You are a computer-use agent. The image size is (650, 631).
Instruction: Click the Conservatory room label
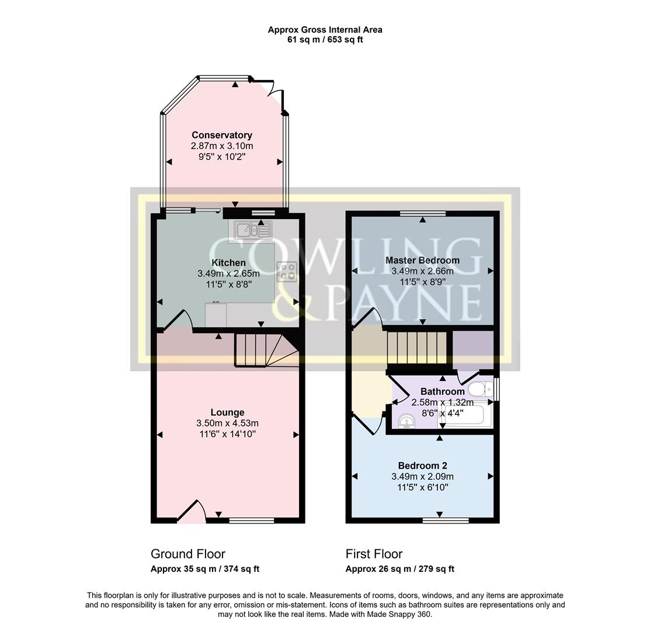pos(222,135)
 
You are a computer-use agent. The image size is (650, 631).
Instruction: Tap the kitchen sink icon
pos(253,230)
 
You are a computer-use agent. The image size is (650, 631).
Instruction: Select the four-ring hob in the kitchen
pos(286,271)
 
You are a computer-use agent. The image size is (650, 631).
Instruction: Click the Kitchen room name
pos(228,263)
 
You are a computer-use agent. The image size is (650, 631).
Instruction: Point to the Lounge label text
pos(227,412)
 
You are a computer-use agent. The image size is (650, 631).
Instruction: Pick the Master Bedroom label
pos(422,260)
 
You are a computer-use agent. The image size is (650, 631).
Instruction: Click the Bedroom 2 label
pos(422,466)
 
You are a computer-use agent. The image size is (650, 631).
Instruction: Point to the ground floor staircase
pos(266,349)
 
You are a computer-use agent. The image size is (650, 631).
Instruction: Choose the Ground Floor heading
pos(187,554)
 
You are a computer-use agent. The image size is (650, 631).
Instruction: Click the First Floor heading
pos(374,554)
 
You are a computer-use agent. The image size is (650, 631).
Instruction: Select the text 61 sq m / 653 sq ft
pos(325,40)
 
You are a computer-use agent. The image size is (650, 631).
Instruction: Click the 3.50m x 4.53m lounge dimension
pos(228,423)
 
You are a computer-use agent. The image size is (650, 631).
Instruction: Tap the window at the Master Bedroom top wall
pos(423,213)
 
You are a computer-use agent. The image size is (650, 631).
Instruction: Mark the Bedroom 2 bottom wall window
pos(446,520)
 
